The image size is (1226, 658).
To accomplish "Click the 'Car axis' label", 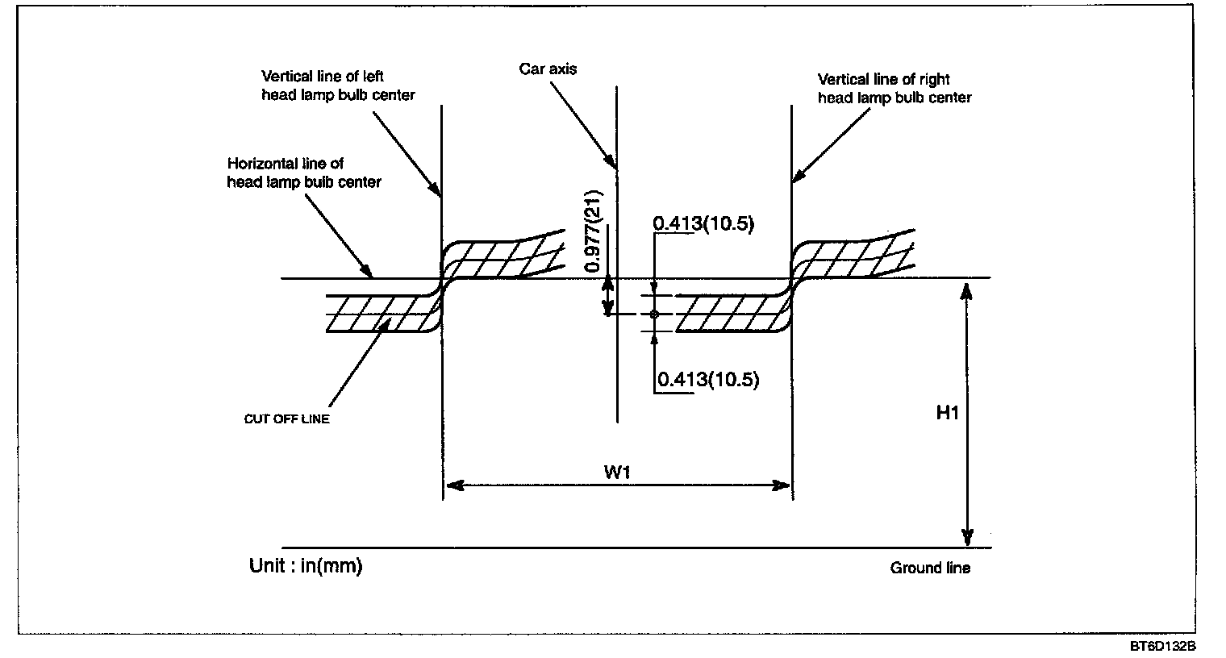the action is click(x=548, y=69).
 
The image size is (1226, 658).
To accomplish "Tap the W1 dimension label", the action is click(x=617, y=472).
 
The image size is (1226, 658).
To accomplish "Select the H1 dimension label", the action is click(x=948, y=412).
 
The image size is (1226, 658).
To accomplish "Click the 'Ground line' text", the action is click(x=930, y=568).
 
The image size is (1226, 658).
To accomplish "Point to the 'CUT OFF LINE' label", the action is click(x=287, y=419).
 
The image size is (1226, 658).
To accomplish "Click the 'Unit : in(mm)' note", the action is click(x=306, y=565).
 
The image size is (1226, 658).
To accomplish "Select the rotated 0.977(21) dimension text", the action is click(x=593, y=231).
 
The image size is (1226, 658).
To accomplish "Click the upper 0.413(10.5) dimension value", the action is click(x=703, y=223).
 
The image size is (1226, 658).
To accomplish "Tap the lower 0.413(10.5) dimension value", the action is click(x=708, y=379).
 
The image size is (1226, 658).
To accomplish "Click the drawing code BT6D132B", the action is click(x=1162, y=647).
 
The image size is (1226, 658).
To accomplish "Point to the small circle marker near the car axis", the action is click(x=654, y=314).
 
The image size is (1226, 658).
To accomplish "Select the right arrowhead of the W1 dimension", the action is click(x=780, y=485).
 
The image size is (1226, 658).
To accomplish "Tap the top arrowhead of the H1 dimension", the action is click(x=967, y=292).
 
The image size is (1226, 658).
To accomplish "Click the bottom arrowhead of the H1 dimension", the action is click(x=967, y=537).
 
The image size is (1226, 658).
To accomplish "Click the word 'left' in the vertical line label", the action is click(x=373, y=76).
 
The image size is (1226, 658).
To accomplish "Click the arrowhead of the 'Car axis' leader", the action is click(x=611, y=161).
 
